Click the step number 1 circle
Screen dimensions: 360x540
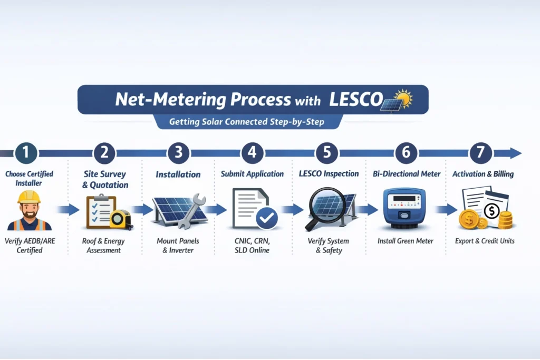[26, 153]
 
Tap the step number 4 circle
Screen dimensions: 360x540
[252, 153]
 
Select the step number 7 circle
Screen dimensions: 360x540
[480, 153]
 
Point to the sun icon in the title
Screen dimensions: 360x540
[404, 98]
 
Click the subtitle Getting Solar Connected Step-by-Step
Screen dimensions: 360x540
[247, 122]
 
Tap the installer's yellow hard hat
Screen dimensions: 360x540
[28, 197]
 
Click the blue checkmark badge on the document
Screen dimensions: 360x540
[266, 218]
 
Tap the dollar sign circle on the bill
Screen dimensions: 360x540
[491, 212]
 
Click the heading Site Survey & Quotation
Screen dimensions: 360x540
[105, 179]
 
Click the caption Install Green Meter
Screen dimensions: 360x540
[405, 241]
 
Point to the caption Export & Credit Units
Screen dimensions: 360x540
[485, 241]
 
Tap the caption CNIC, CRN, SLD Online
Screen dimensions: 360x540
[252, 246]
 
